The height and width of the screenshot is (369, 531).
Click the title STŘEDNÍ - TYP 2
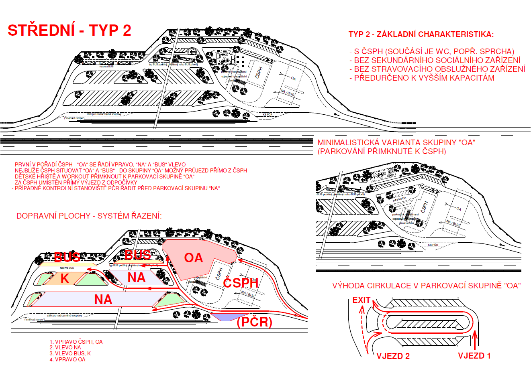pos(69,30)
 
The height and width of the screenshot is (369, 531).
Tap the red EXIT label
pos(361,300)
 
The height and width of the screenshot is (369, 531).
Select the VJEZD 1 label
pos(474,356)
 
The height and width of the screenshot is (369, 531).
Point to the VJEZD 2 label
pos(393,356)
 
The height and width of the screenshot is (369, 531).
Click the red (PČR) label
pos(255,322)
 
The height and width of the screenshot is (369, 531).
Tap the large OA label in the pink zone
pos(193,257)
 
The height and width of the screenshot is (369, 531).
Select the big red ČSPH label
pos(241,283)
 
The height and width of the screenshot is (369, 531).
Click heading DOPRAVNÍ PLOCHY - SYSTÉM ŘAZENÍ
pos(89,216)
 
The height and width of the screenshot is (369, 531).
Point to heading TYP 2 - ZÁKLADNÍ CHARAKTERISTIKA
pos(421,34)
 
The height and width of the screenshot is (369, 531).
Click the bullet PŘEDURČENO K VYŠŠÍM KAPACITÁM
pos(424,78)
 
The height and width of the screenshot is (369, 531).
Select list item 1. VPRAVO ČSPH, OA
pos(76,342)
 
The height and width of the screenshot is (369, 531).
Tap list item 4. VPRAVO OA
pos(67,359)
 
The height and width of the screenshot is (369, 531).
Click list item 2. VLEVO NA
pos(65,348)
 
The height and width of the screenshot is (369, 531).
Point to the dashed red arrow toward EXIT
pos(364,329)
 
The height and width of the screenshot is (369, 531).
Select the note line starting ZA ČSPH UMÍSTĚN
pos(75,182)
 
